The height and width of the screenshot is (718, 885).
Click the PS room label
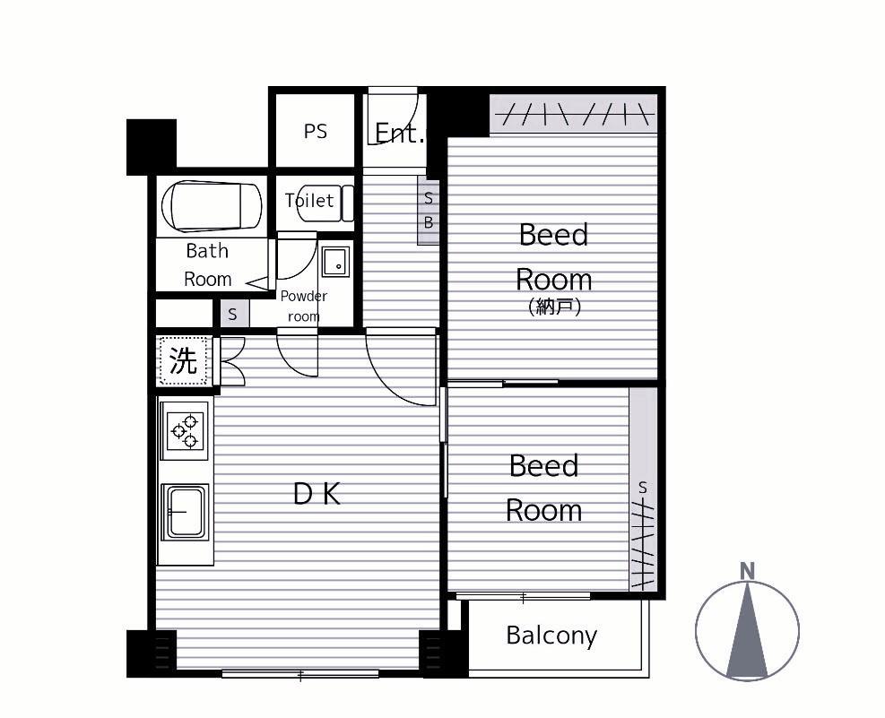(315, 132)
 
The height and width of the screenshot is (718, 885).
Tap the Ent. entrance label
(399, 134)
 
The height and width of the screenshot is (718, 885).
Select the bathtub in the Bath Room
(212, 206)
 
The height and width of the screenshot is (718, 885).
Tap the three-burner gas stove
(185, 431)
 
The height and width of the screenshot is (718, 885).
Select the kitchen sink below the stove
(185, 512)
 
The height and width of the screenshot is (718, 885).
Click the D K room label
(317, 494)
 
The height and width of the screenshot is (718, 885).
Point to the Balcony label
(551, 636)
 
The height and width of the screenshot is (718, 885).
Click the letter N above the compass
(747, 571)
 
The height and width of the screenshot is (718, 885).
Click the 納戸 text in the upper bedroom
(554, 307)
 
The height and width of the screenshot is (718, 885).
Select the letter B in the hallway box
(429, 223)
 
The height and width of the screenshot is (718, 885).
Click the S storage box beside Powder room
(232, 314)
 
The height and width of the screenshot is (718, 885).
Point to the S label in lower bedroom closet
(643, 488)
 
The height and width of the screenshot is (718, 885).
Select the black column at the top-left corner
(152, 147)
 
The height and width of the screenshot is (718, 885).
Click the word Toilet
(309, 200)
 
